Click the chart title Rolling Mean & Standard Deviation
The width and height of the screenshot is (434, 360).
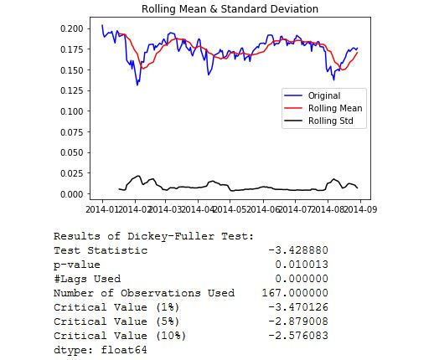(230, 9)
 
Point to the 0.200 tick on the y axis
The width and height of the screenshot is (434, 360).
(72, 28)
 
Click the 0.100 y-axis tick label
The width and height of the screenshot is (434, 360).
(72, 111)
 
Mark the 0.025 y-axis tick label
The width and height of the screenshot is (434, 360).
(72, 173)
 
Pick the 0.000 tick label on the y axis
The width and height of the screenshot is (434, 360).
(72, 194)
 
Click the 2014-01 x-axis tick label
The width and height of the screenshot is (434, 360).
(102, 209)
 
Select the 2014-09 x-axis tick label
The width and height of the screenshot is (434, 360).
(360, 209)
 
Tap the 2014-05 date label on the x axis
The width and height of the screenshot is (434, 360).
(230, 209)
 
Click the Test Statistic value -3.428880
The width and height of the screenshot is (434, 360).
(298, 250)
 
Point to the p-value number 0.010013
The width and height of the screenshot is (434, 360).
(302, 265)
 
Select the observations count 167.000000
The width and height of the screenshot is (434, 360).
(295, 293)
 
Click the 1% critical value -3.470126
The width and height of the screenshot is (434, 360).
(298, 307)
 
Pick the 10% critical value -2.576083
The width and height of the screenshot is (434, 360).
(298, 336)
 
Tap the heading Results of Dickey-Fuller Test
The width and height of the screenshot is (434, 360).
(153, 236)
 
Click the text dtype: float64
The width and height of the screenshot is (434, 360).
(101, 350)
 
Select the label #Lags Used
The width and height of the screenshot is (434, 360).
(87, 279)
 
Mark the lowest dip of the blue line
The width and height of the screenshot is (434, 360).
(137, 85)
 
